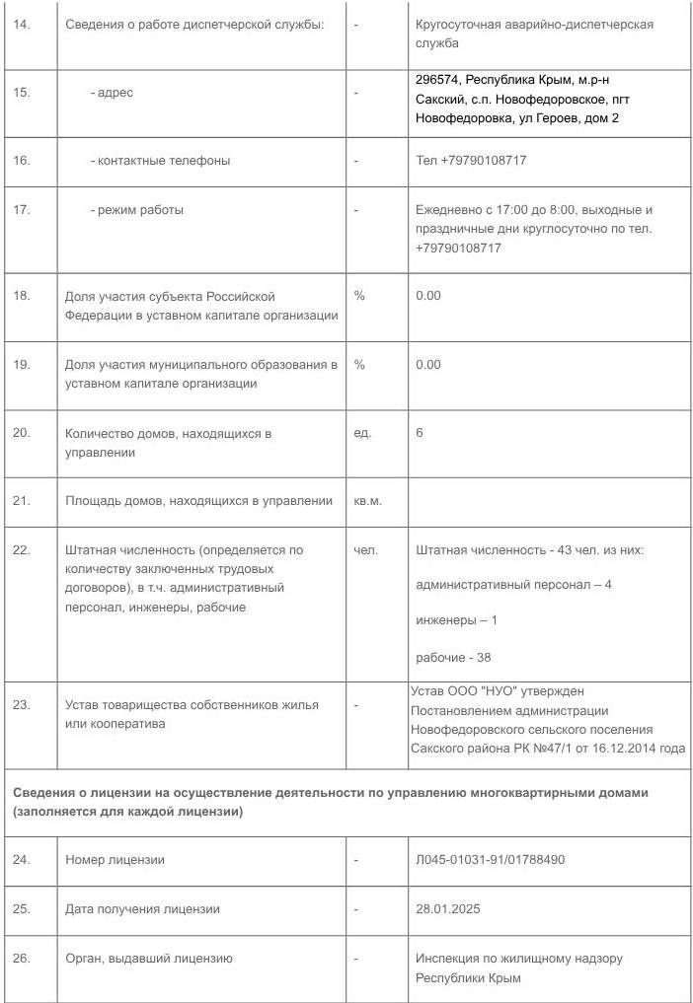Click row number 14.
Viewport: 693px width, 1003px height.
(x=22, y=24)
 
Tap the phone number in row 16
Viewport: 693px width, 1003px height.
(x=471, y=161)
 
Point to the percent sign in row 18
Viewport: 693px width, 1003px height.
(x=359, y=296)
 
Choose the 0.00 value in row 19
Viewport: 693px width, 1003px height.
(x=428, y=365)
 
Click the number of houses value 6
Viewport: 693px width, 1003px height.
(x=420, y=433)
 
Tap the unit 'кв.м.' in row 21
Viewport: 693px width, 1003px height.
(x=367, y=501)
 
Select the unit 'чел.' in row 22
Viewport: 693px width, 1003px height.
(x=365, y=550)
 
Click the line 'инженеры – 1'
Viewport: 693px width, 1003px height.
(x=457, y=620)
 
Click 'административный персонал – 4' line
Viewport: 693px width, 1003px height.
(x=514, y=585)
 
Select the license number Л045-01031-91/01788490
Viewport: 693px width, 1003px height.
(x=491, y=860)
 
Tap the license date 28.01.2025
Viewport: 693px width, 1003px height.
(x=448, y=909)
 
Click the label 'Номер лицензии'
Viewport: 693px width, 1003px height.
(x=115, y=860)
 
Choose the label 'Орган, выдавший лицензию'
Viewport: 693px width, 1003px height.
(x=148, y=958)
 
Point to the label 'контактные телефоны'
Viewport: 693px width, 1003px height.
(x=160, y=161)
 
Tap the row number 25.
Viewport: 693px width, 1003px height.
(x=22, y=909)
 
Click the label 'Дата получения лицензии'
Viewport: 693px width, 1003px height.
(x=142, y=909)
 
